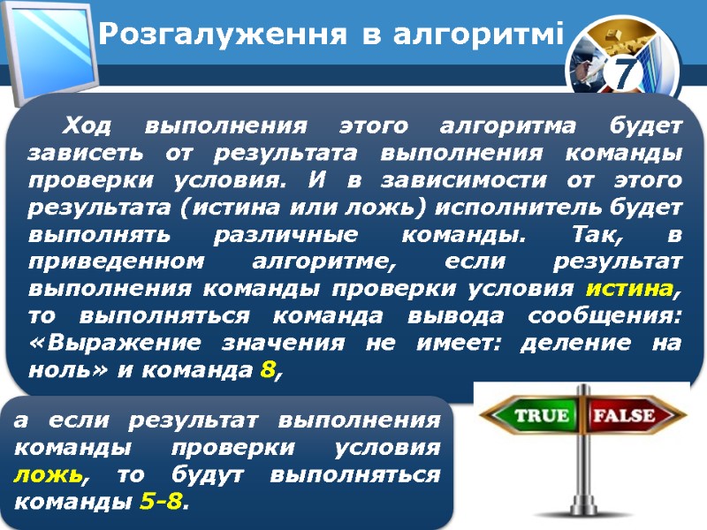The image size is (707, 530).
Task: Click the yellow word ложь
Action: coord(49,475)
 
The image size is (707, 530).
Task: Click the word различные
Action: coord(264,236)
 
